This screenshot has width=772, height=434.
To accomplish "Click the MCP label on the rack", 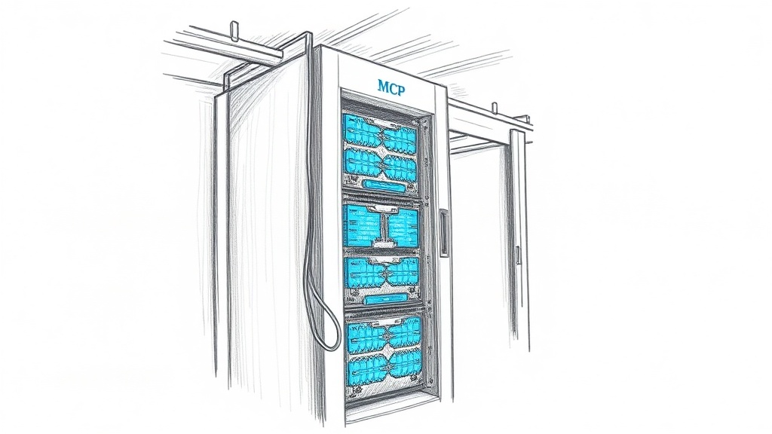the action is [392, 86].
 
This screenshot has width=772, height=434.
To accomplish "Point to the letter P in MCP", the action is [403, 86].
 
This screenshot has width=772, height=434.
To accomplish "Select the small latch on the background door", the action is [518, 255].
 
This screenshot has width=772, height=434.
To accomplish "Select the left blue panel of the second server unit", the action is [361, 226].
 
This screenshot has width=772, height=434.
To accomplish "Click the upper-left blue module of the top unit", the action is [361, 130].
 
